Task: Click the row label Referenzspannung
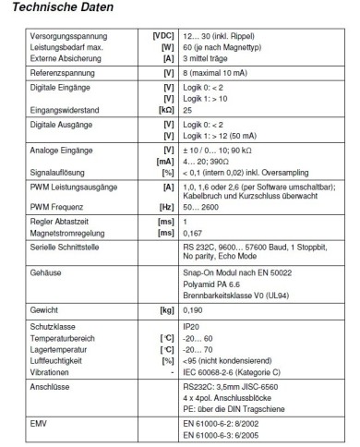click(x=54, y=68)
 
